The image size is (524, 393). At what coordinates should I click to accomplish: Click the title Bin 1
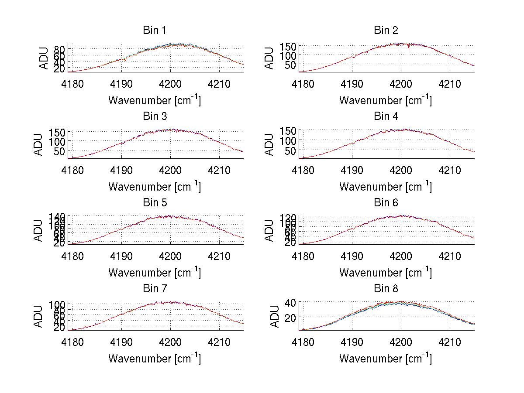(x=154, y=31)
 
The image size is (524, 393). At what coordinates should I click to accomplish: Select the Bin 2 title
(x=386, y=31)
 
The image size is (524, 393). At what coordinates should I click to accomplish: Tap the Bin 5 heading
(x=154, y=203)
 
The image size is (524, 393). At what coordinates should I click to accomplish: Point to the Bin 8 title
(x=386, y=289)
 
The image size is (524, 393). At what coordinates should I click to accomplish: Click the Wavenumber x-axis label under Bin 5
(x=154, y=273)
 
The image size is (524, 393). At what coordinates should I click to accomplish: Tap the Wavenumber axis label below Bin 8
(x=386, y=359)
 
